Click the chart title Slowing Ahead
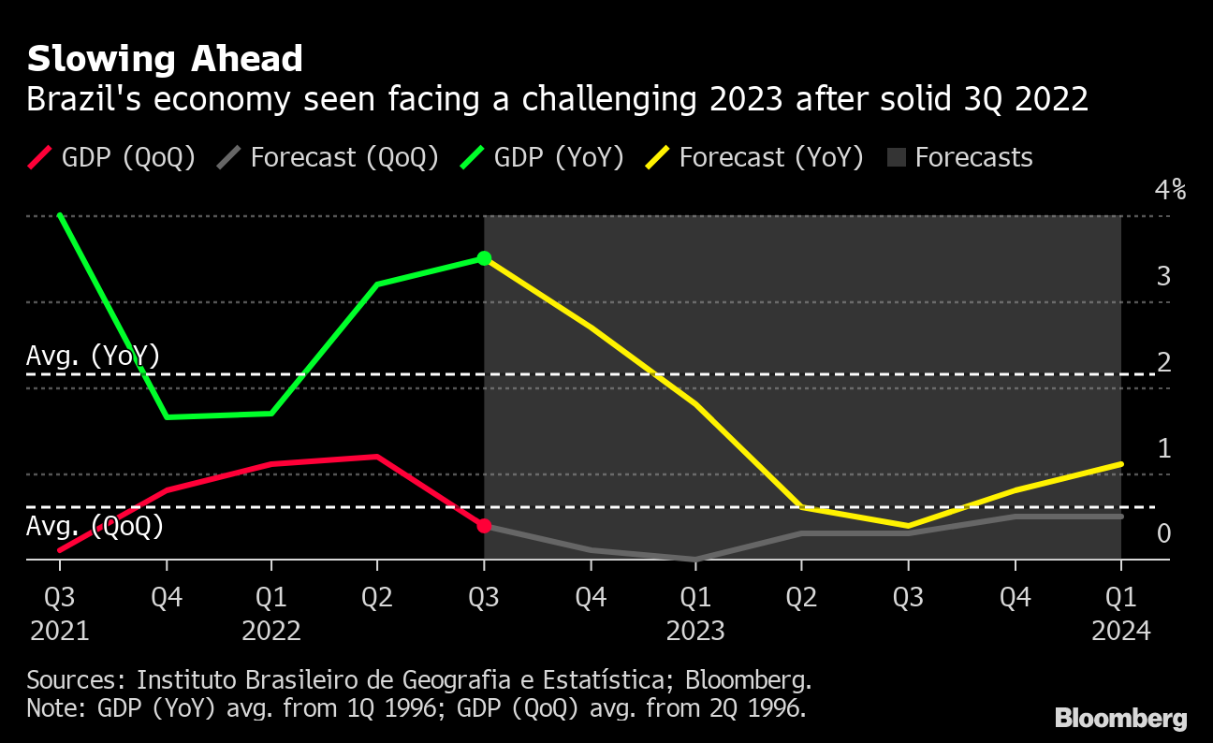click(165, 59)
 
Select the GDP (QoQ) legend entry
click(112, 157)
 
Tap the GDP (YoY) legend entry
click(542, 157)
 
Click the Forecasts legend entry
click(959, 157)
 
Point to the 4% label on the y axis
click(1171, 191)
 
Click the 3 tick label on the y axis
click(1163, 277)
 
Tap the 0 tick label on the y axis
click(1163, 534)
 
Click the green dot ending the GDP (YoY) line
click(484, 258)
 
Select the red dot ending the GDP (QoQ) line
click(484, 526)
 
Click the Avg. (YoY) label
click(94, 357)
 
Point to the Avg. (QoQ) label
click(95, 527)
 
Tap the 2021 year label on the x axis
click(60, 632)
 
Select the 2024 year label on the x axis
click(1121, 632)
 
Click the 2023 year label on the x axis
click(695, 632)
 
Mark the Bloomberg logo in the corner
click(1121, 719)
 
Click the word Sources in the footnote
click(72, 679)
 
